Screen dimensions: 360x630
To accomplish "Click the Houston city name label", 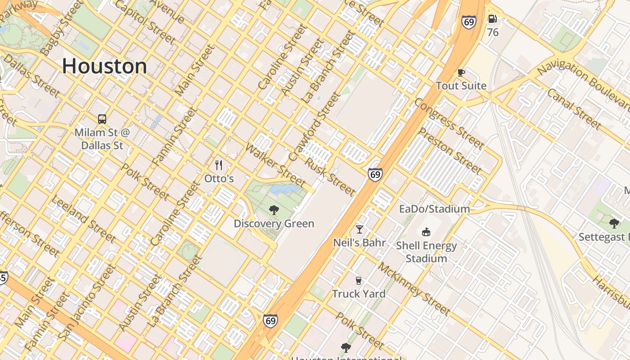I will tap(104, 66).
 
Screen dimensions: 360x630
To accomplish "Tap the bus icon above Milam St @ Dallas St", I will tap(102, 119).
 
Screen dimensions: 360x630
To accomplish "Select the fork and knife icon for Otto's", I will tap(219, 165).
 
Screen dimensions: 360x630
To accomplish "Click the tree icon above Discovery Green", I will tap(274, 210).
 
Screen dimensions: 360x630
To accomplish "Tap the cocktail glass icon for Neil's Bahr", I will tap(359, 229).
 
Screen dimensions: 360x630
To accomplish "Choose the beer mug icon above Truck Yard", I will tap(359, 281).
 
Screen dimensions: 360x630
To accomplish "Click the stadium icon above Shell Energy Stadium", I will tap(426, 232).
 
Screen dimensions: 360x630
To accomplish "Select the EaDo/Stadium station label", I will tap(434, 209).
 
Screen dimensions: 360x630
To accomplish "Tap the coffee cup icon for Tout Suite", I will tap(461, 72).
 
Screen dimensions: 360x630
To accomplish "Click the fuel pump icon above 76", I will tap(493, 19).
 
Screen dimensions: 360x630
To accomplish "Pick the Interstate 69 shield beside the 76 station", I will tap(468, 22).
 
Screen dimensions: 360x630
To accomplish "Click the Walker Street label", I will tap(275, 166).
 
